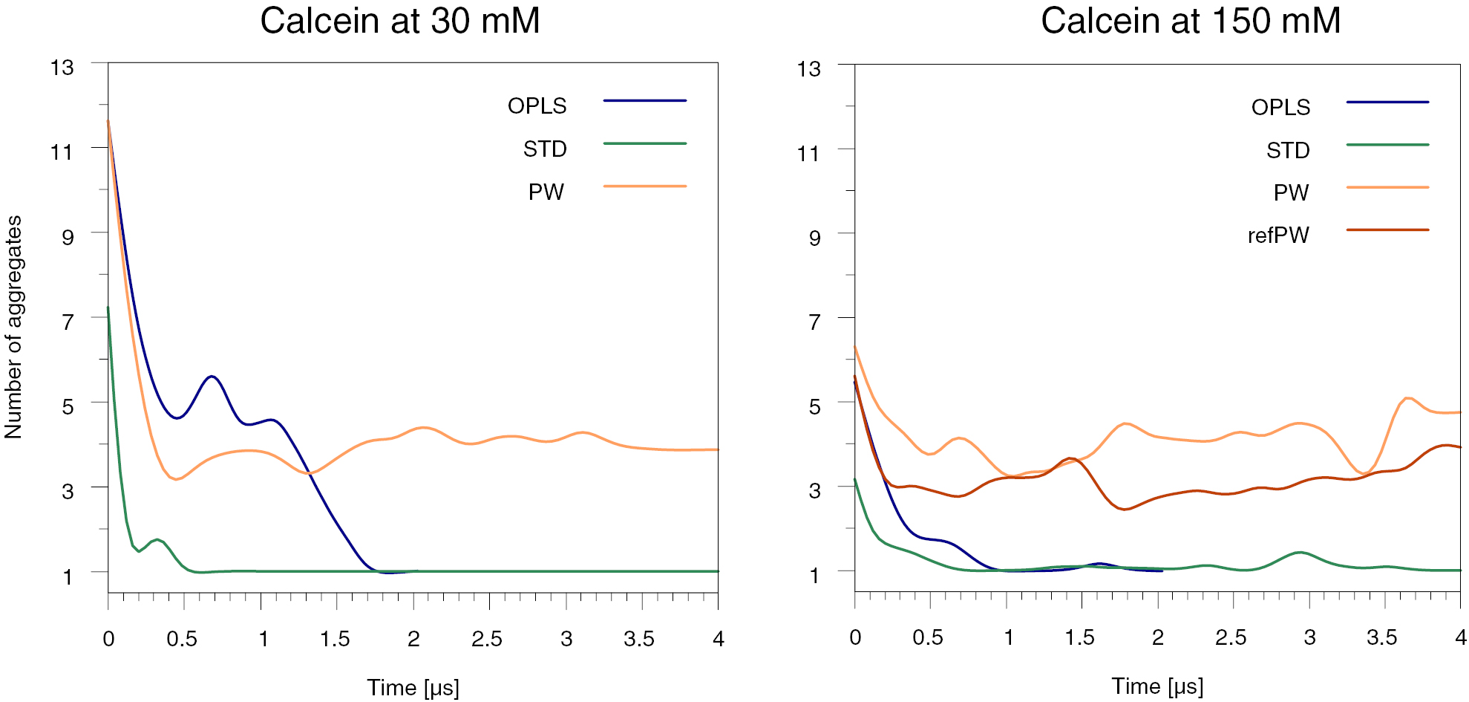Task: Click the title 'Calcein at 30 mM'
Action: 399,21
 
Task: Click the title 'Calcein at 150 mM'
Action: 1190,21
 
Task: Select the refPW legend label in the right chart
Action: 1277,235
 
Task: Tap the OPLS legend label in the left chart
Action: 537,106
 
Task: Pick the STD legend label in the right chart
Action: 1287,151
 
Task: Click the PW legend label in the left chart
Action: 546,192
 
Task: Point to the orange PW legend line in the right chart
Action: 1387,188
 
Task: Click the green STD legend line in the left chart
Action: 644,143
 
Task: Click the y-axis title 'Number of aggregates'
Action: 13,327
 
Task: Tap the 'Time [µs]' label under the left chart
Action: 413,687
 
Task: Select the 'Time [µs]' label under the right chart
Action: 1156,686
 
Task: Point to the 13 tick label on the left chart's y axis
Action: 62,68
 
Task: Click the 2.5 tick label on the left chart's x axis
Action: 486,639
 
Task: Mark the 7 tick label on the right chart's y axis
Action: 814,322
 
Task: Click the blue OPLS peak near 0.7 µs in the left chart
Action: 212,377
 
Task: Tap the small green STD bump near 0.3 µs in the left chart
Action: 157,540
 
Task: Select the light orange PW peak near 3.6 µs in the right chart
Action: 1407,398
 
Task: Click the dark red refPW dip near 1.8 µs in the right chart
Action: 1125,509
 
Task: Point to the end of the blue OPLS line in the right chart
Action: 1161,571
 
